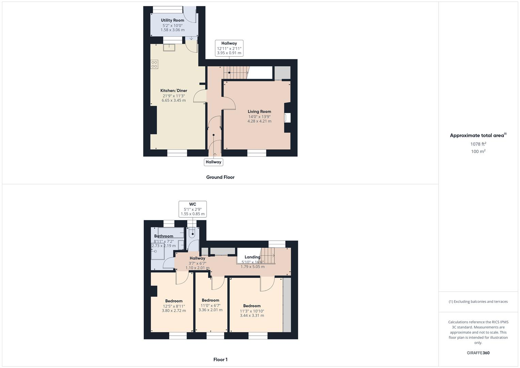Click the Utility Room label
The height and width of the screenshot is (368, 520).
coord(172,20)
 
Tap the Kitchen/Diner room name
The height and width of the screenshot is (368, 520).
coord(174,91)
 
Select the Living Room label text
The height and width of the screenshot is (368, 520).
coord(259,111)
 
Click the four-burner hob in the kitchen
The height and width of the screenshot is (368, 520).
coord(154,64)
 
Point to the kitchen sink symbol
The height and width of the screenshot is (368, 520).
coord(169,47)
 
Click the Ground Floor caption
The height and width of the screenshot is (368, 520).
coord(220,177)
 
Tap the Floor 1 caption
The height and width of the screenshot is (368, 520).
coord(220,359)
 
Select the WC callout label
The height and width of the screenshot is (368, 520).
coord(192,204)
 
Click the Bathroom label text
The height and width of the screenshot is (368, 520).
coord(163,236)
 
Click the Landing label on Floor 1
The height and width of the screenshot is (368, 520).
coord(252,257)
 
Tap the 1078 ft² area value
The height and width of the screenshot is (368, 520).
coord(478,144)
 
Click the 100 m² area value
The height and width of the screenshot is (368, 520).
coord(478,152)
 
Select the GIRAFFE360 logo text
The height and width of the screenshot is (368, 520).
coord(478,353)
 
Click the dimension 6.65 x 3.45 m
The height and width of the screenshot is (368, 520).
coord(174,101)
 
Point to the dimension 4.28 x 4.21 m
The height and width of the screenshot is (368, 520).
coord(259,121)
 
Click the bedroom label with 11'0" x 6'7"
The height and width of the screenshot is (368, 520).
coord(210,301)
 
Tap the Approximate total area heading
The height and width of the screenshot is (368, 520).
coord(478,136)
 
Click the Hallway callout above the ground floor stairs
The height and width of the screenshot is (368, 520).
coord(229,43)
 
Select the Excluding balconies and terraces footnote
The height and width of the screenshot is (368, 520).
coord(478,302)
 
